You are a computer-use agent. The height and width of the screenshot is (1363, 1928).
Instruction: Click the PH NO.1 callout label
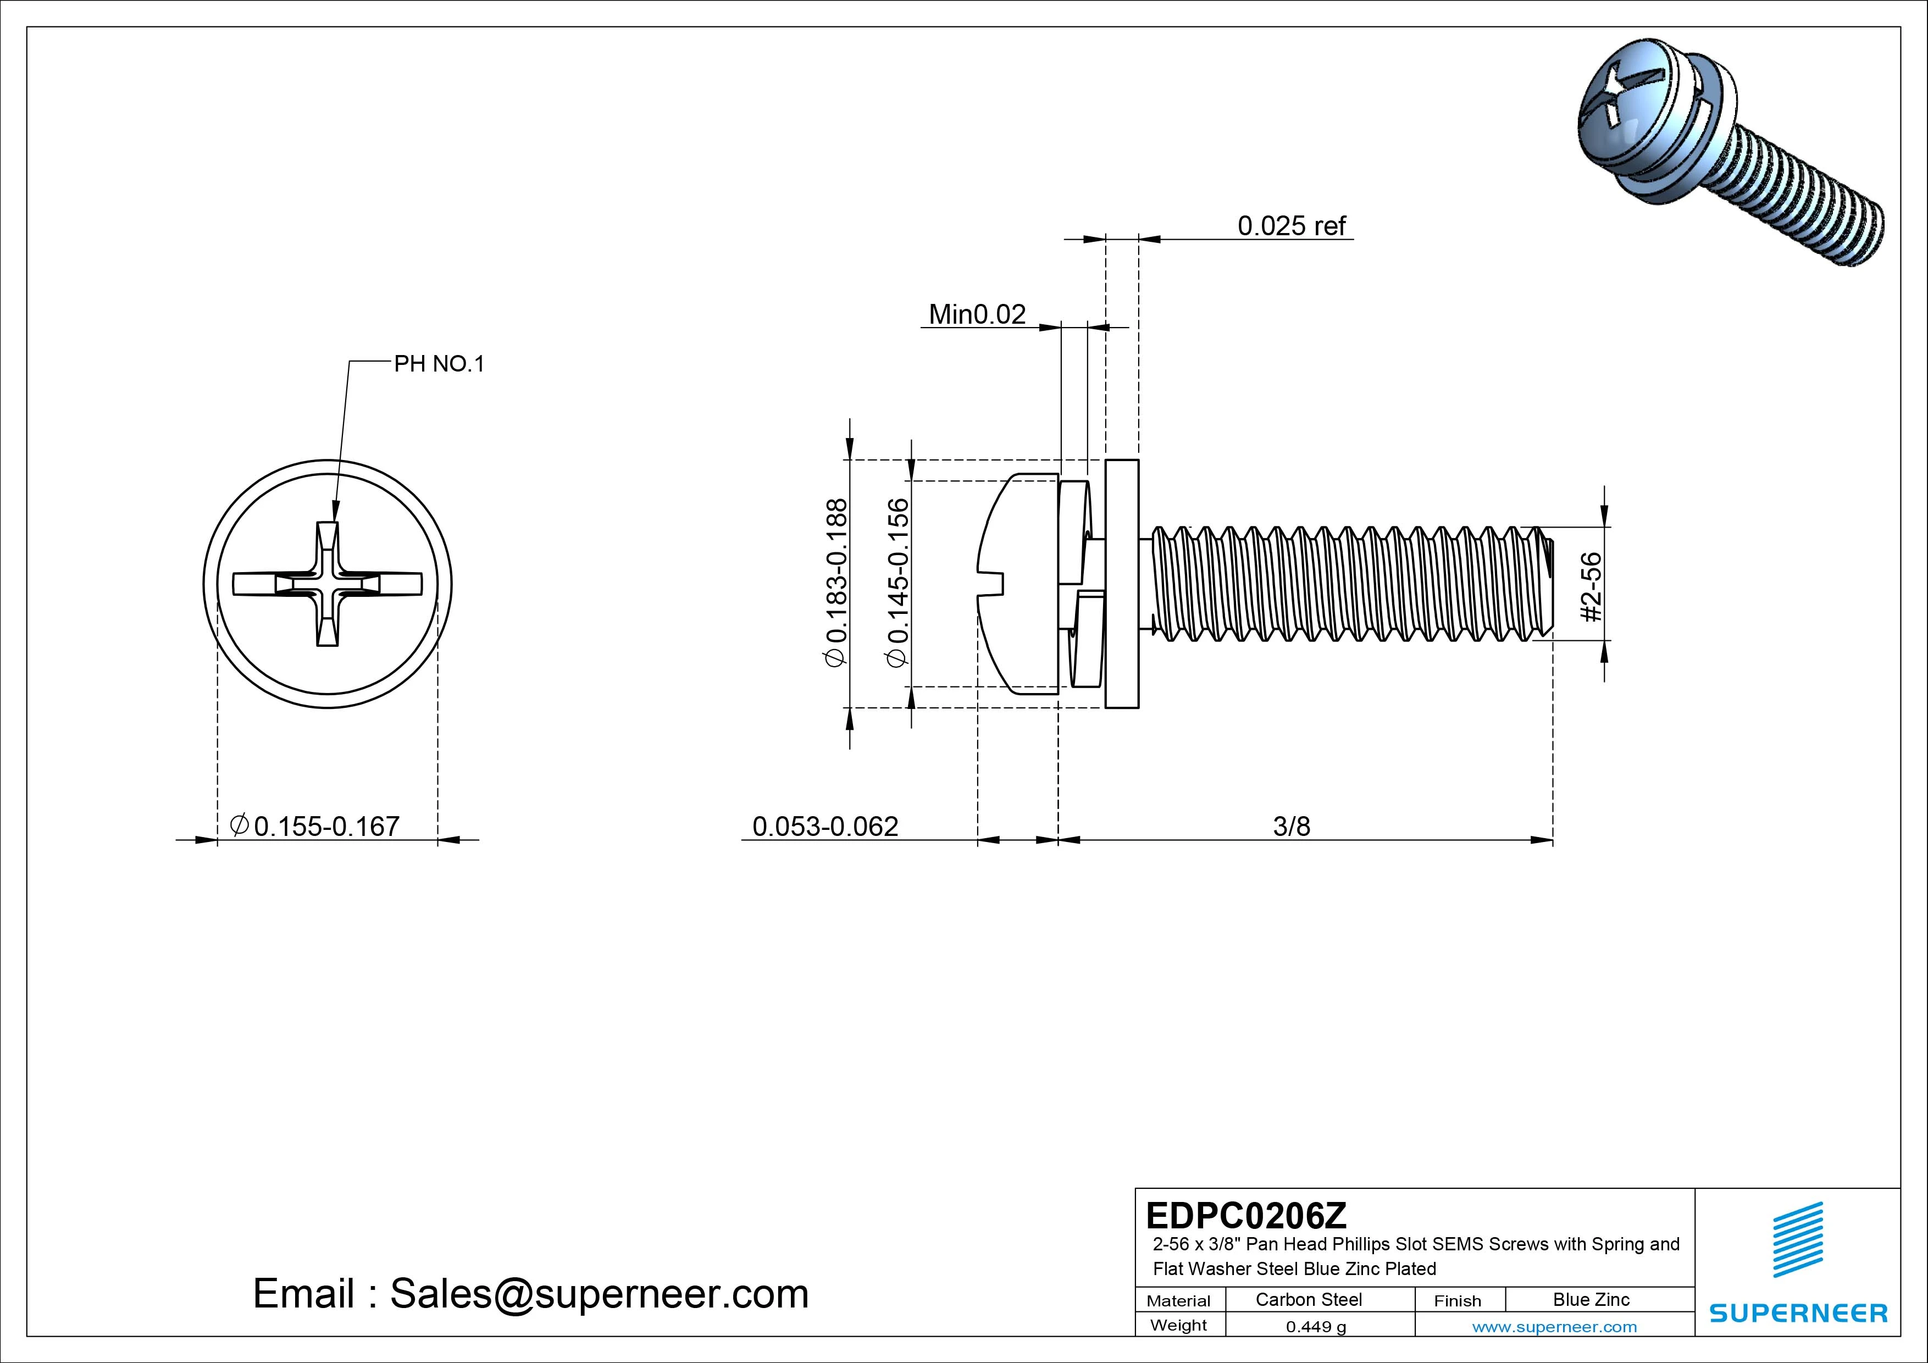(x=439, y=364)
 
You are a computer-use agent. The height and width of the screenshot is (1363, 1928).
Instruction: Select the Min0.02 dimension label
(x=977, y=315)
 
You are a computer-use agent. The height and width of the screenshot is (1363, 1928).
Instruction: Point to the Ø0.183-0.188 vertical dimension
(x=837, y=583)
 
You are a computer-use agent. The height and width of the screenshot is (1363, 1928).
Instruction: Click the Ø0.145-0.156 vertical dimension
(x=897, y=583)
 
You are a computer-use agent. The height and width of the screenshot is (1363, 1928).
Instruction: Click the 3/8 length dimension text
(x=1290, y=827)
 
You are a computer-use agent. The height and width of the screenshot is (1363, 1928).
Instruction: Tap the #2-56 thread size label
(x=1591, y=586)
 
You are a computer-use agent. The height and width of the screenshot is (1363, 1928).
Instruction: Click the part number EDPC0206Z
(x=1246, y=1215)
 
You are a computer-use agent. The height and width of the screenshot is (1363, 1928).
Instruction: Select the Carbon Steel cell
(x=1308, y=1300)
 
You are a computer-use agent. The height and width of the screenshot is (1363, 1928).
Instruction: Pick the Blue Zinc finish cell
(x=1591, y=1300)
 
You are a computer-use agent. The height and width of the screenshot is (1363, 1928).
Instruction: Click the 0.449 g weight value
(x=1316, y=1327)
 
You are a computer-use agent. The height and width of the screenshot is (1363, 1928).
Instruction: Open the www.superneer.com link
(x=1554, y=1327)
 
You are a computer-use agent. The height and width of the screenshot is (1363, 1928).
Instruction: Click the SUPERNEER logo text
(x=1798, y=1312)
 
